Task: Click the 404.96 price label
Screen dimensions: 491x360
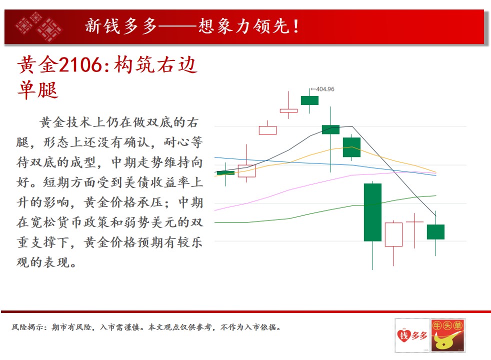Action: [x=325, y=89]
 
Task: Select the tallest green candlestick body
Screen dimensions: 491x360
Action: [x=372, y=212]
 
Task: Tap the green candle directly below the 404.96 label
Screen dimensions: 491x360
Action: [x=309, y=100]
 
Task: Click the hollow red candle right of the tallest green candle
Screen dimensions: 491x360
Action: [x=393, y=234]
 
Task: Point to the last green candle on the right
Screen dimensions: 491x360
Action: [x=435, y=232]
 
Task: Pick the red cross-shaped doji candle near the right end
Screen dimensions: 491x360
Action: [x=414, y=222]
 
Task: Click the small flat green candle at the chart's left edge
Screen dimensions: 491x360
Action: [x=225, y=173]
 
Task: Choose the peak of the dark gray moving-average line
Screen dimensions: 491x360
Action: [x=351, y=126]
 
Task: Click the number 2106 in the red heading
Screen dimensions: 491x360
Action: [x=80, y=65]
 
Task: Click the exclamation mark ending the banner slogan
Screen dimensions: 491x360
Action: [x=295, y=26]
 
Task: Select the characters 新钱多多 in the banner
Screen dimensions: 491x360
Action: [x=120, y=26]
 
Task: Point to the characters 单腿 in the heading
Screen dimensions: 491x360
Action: [x=38, y=90]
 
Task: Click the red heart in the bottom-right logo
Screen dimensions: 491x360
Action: [x=403, y=335]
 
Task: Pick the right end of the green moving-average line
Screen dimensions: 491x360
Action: [x=436, y=196]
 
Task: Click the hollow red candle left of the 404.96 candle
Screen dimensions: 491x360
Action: [x=288, y=110]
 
